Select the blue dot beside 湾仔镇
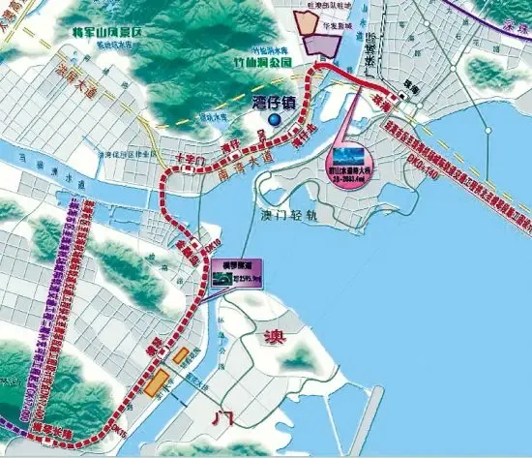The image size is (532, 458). pyautogui.click(x=275, y=119)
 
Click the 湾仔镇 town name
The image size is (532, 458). pyautogui.click(x=275, y=102)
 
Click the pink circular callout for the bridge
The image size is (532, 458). pyautogui.click(x=349, y=161)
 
